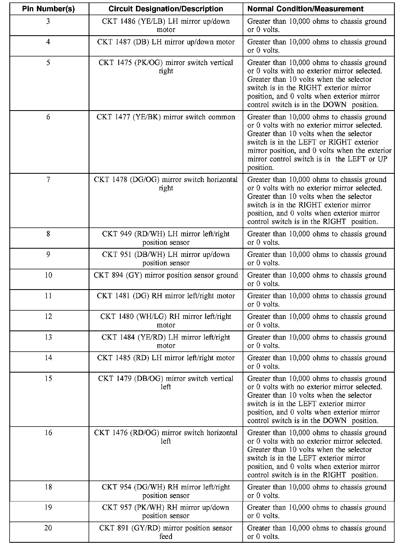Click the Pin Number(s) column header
point(48,9)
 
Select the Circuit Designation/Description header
point(166,9)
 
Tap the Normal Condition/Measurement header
point(305,9)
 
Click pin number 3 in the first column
point(48,21)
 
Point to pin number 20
point(48,528)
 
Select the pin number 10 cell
point(48,275)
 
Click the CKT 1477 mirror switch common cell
point(166,117)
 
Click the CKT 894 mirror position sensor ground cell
point(166,275)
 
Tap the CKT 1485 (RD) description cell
point(166,358)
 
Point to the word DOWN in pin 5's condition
point(334,105)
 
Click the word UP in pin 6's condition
point(383,159)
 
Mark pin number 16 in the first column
point(48,433)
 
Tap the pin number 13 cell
point(48,337)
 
